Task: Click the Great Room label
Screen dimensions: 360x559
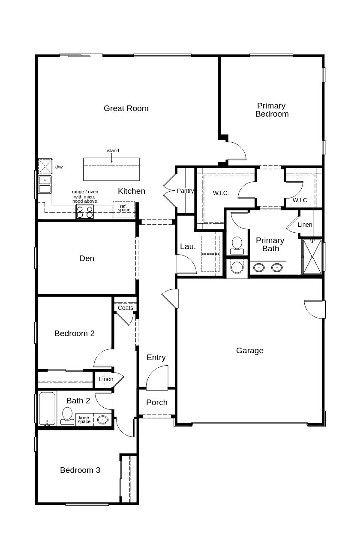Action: (x=126, y=108)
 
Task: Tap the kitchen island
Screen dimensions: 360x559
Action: (x=111, y=169)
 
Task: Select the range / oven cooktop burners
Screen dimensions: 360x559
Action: (x=85, y=212)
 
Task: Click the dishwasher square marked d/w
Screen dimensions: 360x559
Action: (x=45, y=166)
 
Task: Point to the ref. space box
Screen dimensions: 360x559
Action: (x=124, y=209)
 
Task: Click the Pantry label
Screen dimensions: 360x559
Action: (x=185, y=191)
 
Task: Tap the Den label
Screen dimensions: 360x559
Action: (x=87, y=258)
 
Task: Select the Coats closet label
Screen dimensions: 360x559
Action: (x=125, y=308)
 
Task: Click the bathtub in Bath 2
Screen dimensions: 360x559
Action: (x=47, y=409)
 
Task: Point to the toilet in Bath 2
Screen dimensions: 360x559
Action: (x=67, y=416)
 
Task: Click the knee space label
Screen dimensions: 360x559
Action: (x=84, y=420)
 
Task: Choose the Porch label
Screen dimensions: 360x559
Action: (x=157, y=402)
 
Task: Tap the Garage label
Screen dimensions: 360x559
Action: (x=250, y=351)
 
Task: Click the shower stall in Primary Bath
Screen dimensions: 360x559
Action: (x=312, y=256)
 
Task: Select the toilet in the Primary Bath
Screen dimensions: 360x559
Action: (x=237, y=245)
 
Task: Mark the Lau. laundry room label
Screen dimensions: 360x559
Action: (x=188, y=246)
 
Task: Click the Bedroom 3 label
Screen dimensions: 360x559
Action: (x=80, y=470)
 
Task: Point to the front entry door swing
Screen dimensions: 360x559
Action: (x=157, y=378)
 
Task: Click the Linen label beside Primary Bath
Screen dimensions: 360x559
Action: (x=305, y=225)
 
